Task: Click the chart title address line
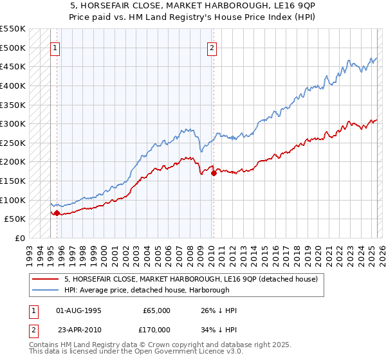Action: point(193,6)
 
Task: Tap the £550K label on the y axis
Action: point(13,29)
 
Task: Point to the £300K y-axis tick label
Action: point(13,123)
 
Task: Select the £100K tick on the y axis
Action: point(13,200)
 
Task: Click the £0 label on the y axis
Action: point(21,238)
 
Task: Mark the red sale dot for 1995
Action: point(57,213)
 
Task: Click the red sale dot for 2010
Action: point(214,173)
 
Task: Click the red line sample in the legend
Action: point(46,279)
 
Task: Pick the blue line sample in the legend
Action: point(46,290)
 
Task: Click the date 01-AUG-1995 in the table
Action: point(78,310)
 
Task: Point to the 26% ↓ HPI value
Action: point(219,310)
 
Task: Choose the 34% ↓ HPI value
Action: point(219,330)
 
